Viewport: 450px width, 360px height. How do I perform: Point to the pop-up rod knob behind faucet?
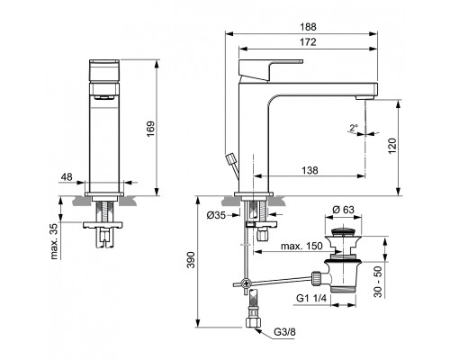pos(234,159)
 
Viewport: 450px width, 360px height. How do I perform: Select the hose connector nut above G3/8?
pos(252,321)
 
